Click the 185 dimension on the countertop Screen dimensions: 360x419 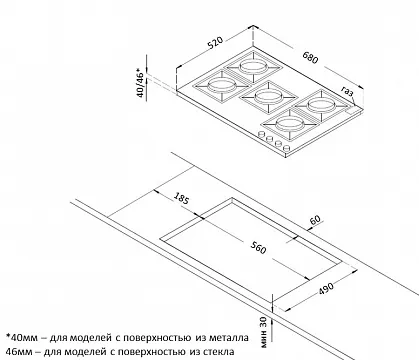click(x=180, y=197)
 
